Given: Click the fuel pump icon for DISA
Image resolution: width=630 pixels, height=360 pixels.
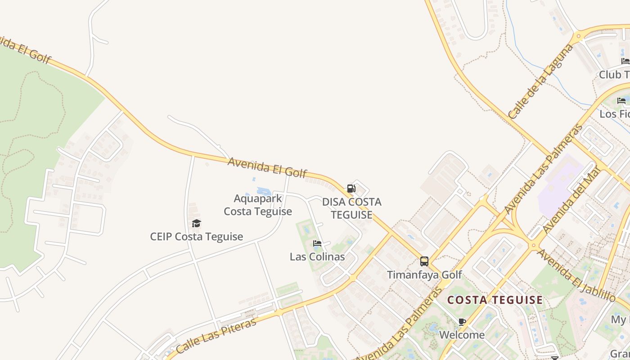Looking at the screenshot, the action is coord(351,189).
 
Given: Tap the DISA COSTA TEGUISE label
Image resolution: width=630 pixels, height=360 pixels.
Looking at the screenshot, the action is coord(352,208).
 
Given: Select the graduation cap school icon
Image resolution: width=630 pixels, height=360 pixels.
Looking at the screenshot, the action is coord(196,223).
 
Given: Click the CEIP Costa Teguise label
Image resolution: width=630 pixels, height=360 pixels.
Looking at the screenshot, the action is coord(197,237).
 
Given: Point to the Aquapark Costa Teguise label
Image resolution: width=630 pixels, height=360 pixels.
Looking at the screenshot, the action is coord(258,205).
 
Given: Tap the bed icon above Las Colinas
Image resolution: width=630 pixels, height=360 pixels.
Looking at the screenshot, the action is coord(317,243).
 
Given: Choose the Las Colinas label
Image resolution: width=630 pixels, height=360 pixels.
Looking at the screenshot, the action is coord(317,257).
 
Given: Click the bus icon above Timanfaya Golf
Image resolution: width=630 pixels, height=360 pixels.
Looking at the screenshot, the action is coord(424,261).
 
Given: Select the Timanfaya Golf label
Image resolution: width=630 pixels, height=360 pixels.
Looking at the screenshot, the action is coord(424,274).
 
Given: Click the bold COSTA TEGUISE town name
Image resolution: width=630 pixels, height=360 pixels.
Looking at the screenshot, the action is coord(495,300).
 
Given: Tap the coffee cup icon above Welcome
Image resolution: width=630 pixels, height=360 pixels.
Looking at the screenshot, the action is coord(462,322).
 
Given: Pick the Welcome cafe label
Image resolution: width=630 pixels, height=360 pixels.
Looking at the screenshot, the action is coord(462,335).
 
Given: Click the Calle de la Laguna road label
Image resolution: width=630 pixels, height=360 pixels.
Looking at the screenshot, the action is coord(541,81).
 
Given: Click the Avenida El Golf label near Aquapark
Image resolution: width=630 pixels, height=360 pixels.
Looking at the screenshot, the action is coord(267,167).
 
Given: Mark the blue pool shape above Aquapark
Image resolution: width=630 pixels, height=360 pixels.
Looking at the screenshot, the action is coord(264,191).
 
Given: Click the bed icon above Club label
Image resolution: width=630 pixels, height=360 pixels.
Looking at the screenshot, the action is coord(625,61).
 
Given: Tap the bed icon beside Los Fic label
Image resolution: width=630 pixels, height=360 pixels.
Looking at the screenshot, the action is coord(621,101).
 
